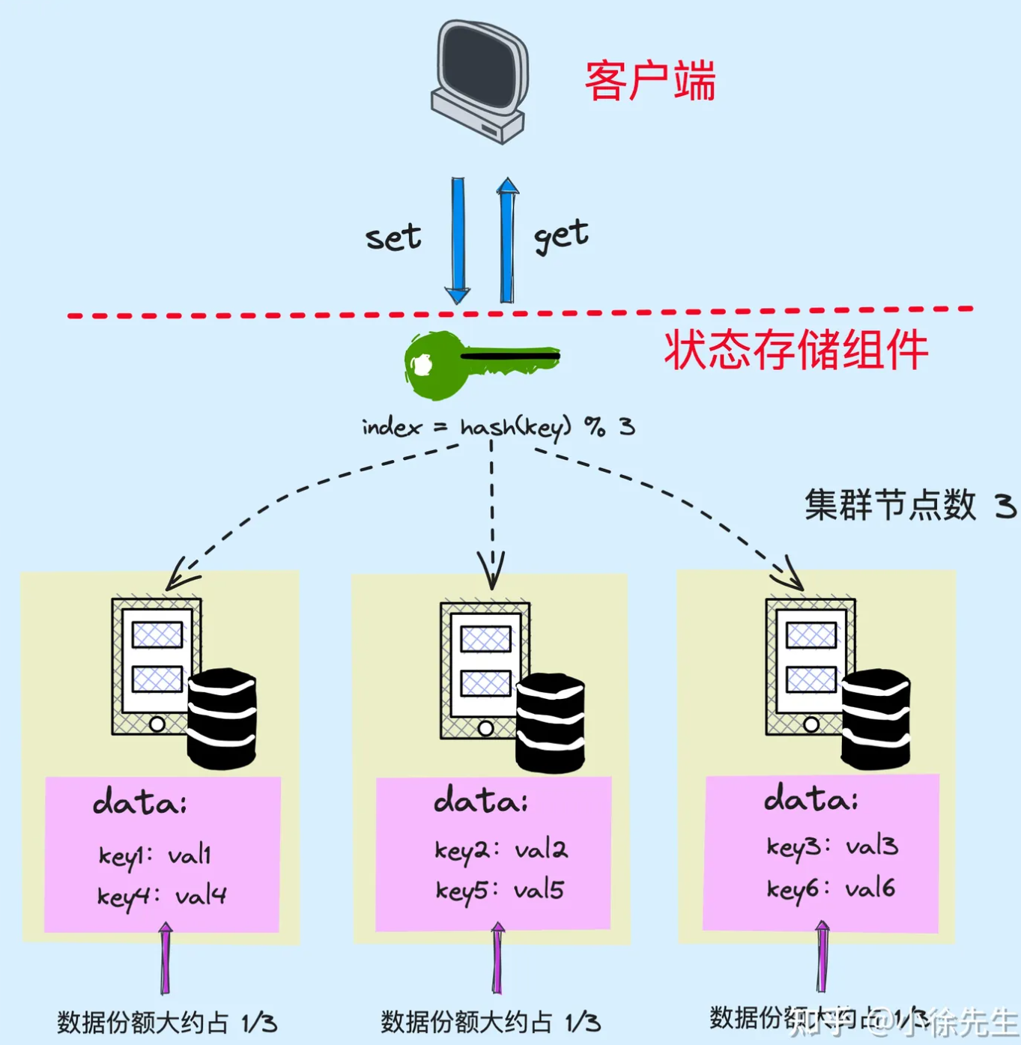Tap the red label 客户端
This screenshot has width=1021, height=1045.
pos(649,81)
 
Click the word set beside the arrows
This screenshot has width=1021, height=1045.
pos(393,237)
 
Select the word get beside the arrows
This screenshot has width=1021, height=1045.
pos(561,236)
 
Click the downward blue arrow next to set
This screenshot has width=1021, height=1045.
pos(458,240)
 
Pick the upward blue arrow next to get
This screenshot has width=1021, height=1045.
pos(507,240)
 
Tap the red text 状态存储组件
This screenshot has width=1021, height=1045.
pos(796,350)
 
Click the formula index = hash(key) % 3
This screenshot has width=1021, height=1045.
pos(498,428)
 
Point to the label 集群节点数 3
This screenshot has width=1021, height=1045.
pos(909,506)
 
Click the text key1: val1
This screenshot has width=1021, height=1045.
pos(155,855)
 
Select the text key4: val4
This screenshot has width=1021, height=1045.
pos(162,896)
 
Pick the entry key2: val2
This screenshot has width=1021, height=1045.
pos(501,849)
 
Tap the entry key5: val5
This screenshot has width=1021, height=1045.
pos(500,890)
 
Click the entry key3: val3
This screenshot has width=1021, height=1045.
pos(831,846)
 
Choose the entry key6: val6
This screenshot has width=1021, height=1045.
pos(831,888)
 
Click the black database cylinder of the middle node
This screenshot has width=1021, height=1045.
pos(551,722)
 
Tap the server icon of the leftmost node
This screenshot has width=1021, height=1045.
pos(157,666)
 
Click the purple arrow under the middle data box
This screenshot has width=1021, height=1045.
pos(497,958)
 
